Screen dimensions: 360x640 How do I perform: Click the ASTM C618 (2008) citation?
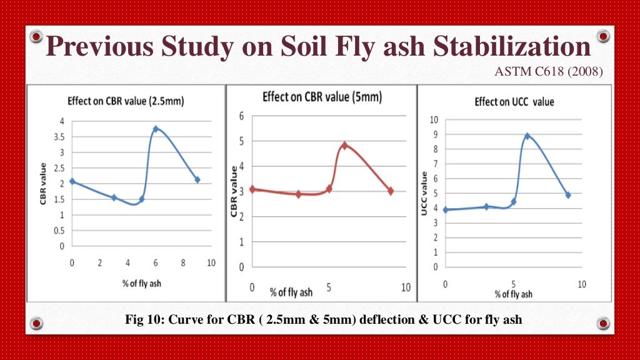pos(548,72)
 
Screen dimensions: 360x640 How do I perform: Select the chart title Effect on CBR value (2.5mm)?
pos(125,101)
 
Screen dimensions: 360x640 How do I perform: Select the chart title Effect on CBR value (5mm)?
pos(322,97)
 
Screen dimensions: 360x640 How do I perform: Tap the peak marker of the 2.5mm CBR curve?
pos(156,129)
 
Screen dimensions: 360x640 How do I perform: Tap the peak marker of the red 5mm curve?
pos(344,145)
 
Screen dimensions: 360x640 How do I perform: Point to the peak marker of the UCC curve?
pos(527,136)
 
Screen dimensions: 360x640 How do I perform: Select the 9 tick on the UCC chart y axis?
pos(435,134)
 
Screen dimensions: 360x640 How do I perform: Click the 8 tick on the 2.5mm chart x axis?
pos(183,263)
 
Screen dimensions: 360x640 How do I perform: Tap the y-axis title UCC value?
pos(424,194)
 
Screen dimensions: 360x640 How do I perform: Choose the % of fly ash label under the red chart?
pos(291,292)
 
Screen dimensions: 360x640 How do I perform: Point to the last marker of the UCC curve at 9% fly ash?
pos(568,195)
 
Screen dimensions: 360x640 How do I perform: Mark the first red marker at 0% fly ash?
pos(252,189)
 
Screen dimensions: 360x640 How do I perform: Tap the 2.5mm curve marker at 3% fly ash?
pos(114,197)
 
